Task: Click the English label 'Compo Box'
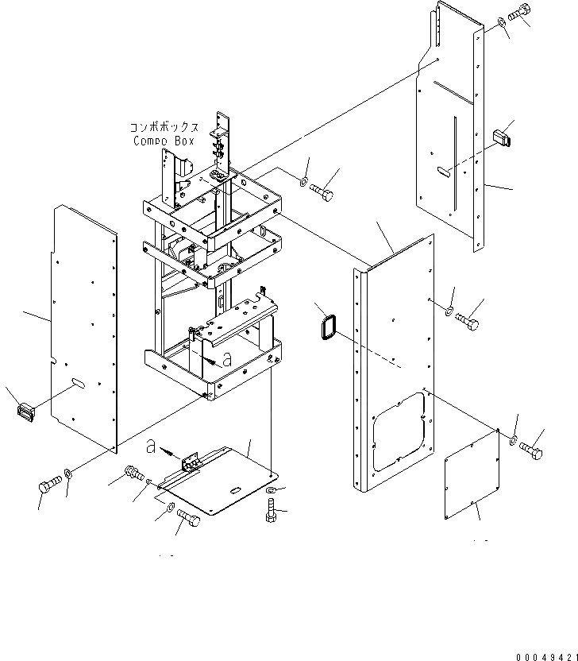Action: [164, 141]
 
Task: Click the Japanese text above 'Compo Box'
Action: [164, 127]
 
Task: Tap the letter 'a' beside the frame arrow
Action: [227, 359]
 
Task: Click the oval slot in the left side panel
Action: [79, 383]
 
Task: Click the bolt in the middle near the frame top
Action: [322, 192]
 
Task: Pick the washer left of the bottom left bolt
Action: [69, 474]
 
